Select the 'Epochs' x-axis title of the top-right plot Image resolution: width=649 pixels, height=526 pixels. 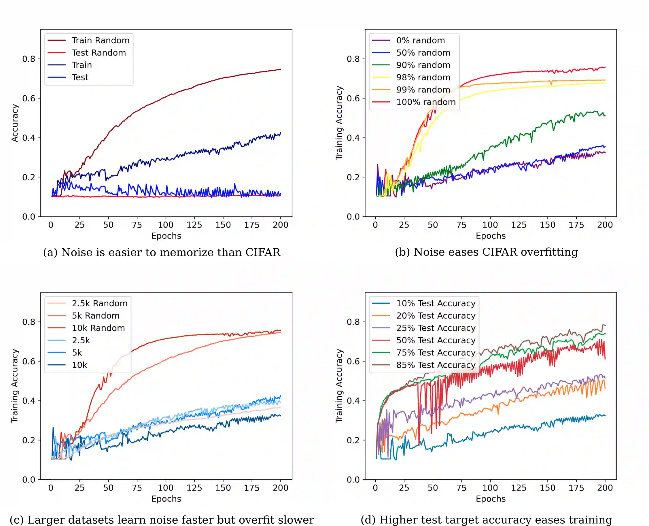pos(491,236)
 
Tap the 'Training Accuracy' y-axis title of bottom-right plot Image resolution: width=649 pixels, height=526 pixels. pos(339,386)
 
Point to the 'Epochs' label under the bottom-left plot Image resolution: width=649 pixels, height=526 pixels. pos(166,499)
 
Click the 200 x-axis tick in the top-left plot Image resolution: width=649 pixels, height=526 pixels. pos(281,225)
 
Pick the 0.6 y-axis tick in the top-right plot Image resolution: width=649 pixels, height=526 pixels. pos(353,99)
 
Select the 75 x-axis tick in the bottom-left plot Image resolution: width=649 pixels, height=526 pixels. pos(137,488)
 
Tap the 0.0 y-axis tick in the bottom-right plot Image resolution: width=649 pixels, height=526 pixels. pos(353,480)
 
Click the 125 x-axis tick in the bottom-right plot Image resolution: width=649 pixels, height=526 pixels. pos(519,488)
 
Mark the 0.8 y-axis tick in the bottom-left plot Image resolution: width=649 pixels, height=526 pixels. pos(29,322)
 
